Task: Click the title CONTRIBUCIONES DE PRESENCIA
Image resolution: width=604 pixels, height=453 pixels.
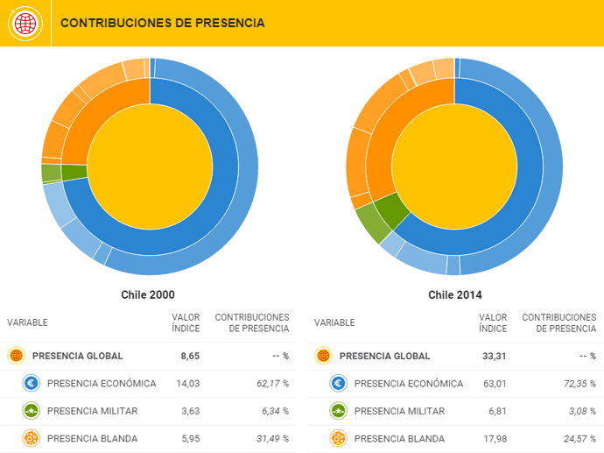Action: point(162,23)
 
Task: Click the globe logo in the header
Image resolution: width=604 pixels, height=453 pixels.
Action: point(25,23)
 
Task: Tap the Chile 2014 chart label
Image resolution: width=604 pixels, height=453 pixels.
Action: point(455,294)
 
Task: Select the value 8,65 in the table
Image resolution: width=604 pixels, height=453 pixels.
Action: point(189,356)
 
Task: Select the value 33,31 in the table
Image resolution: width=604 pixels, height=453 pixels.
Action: point(494,356)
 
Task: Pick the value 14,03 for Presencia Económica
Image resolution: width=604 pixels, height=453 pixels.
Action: point(187,384)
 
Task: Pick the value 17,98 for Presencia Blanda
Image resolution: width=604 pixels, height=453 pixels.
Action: point(494,439)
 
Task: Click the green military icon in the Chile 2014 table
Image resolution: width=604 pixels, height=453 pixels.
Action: point(338,411)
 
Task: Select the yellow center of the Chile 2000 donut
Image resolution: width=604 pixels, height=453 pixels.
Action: point(151,166)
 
